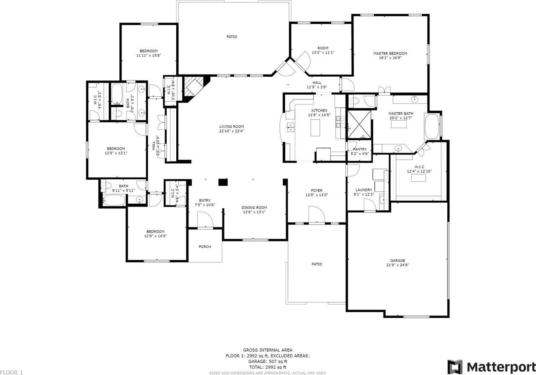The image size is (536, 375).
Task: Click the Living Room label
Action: click(232, 127)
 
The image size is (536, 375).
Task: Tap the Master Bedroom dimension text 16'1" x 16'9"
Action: click(390, 58)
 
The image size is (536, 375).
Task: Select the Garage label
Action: click(397, 260)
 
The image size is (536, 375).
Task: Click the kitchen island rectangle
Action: click(315, 128)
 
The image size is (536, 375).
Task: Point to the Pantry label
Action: click(359, 149)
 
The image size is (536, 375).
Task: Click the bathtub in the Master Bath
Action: click(431, 126)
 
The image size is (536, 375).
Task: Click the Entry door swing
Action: click(205, 220)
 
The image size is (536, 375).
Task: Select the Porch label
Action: click(205, 247)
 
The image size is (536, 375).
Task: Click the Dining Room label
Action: click(254, 207)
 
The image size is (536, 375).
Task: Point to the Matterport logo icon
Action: click(455, 367)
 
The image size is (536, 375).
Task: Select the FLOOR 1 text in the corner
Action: click(12, 372)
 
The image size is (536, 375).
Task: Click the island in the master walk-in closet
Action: click(418, 178)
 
